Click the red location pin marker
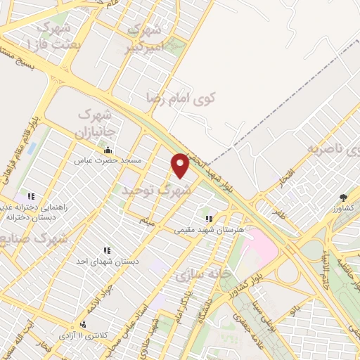coord(180,165)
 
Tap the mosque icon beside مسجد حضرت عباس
coord(108,150)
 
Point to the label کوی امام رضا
coord(181,97)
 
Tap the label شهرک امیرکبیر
coord(145,39)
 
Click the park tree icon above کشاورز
coord(343,198)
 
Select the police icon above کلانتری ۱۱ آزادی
coord(84,325)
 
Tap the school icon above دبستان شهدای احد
coord(107,250)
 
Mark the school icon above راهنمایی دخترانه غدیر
coord(30,196)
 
